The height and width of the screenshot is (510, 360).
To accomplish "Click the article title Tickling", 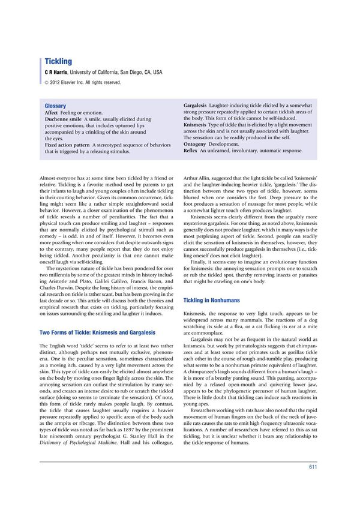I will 58,61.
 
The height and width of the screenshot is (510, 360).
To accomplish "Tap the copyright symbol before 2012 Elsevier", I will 47,82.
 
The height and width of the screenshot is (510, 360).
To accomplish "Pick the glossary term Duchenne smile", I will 65,119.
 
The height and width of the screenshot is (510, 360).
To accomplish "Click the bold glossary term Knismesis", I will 196,124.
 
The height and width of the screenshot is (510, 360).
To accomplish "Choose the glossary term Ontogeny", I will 195,144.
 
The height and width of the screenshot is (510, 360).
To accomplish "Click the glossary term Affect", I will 53,113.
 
